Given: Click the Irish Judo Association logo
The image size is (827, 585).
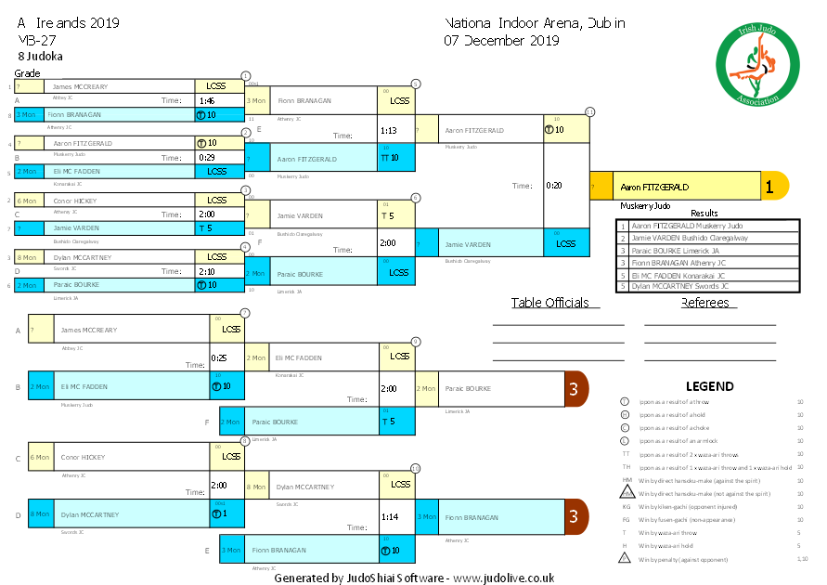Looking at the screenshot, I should pos(758,64).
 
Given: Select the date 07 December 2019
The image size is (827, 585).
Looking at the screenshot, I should pos(501,40).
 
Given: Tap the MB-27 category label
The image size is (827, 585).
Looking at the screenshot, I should pos(34,40).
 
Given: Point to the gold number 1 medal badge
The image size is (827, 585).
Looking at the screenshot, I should pos(769,186).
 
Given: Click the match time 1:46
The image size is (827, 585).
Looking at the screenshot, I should pos(206,100).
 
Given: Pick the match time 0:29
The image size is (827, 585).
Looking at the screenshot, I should pos(206,158).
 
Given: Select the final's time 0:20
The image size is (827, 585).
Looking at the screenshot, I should pos(553,185).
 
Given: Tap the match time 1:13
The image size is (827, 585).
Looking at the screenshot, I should pos(388,131).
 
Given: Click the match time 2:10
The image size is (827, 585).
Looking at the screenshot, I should pos(206,272).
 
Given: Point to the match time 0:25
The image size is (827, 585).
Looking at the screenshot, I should pos(219,357).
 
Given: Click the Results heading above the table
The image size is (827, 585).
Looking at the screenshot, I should pos(704,213).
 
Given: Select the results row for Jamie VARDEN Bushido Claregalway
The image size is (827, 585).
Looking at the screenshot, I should pos(707,238).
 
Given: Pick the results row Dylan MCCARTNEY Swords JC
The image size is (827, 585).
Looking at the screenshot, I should pos(707,286).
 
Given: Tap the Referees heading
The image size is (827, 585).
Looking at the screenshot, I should pos(704,303).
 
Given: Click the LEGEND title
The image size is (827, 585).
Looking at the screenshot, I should pos(709,386).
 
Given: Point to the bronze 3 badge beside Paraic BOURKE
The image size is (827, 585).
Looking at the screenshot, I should pos(574,388).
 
